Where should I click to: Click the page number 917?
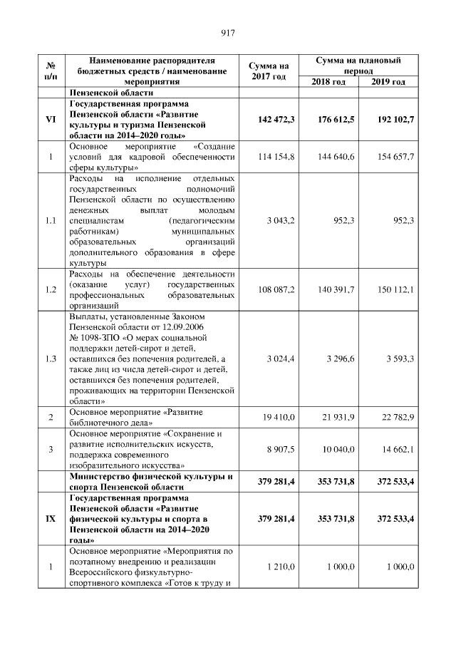point(228,32)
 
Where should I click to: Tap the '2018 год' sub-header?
point(328,82)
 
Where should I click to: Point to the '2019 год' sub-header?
point(389,82)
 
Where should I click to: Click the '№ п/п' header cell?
point(51,71)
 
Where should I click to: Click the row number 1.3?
point(51,358)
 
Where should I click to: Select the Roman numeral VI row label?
point(51,119)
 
